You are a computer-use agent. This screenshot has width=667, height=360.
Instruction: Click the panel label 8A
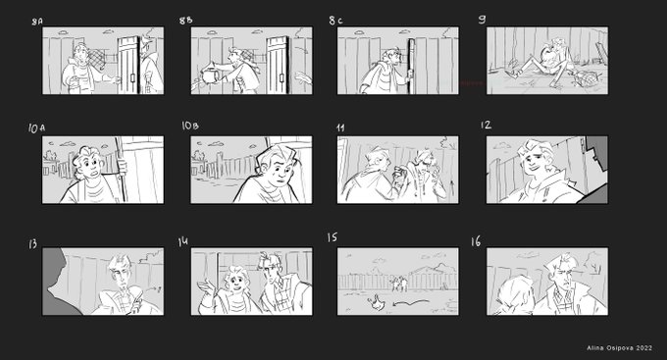tap(37, 22)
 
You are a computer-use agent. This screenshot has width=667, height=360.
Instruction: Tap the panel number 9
tap(482, 20)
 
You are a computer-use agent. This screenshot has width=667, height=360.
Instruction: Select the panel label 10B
tap(189, 126)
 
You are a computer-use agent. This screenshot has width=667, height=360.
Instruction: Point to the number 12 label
tap(486, 125)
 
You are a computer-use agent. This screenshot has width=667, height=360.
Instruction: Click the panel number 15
tap(333, 237)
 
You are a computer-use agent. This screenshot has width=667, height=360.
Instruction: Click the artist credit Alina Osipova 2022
tap(619, 348)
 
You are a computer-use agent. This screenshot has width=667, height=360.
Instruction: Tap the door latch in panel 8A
tap(132, 77)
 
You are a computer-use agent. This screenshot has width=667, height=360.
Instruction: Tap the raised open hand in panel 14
tap(205, 289)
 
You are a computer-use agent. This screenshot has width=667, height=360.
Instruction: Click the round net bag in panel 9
tap(577, 77)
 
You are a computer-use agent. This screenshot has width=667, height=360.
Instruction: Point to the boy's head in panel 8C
tap(391, 57)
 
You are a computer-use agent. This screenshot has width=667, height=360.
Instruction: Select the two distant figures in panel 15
tap(398, 283)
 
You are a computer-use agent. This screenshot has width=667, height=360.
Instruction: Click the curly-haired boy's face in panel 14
tap(235, 280)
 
